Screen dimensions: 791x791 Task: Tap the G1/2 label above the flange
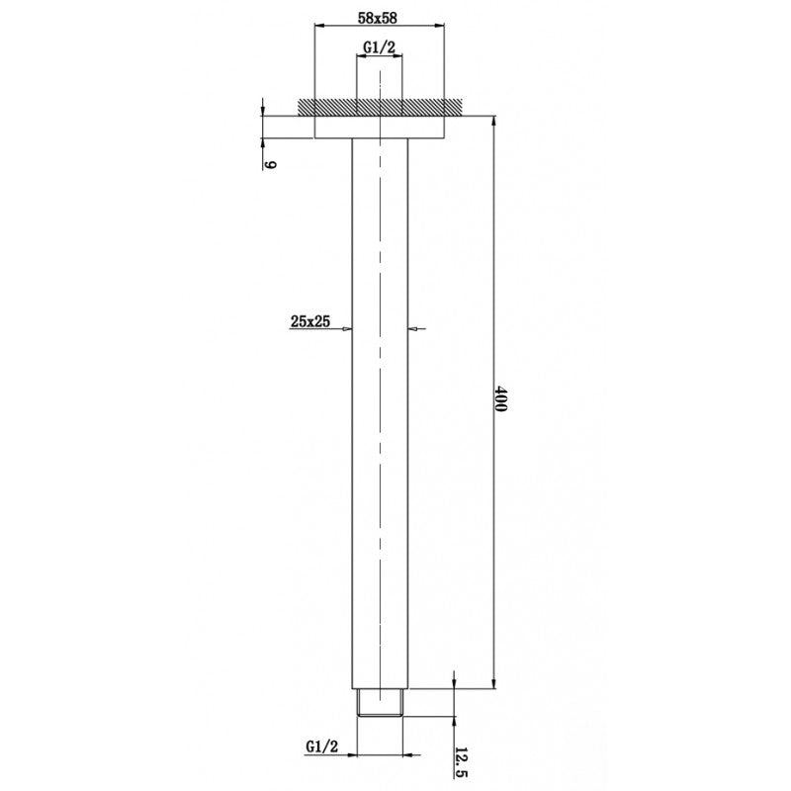(380, 45)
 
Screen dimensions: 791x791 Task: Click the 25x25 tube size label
(309, 320)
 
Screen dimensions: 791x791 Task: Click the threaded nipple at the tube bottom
(380, 704)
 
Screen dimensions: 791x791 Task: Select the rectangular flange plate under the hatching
(380, 127)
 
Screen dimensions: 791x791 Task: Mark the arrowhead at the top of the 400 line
(491, 122)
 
